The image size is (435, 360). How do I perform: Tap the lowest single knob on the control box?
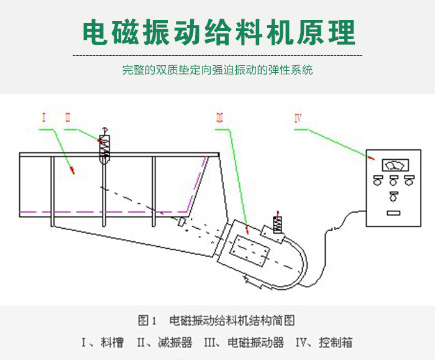393,198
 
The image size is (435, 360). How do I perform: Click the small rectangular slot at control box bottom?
393,213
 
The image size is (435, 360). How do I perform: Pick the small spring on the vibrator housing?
277,224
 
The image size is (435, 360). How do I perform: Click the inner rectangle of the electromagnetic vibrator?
249,251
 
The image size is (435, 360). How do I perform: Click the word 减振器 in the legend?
174,343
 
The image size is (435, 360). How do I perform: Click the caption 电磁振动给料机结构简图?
232,321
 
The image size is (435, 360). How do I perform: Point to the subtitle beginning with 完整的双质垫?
217,70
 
